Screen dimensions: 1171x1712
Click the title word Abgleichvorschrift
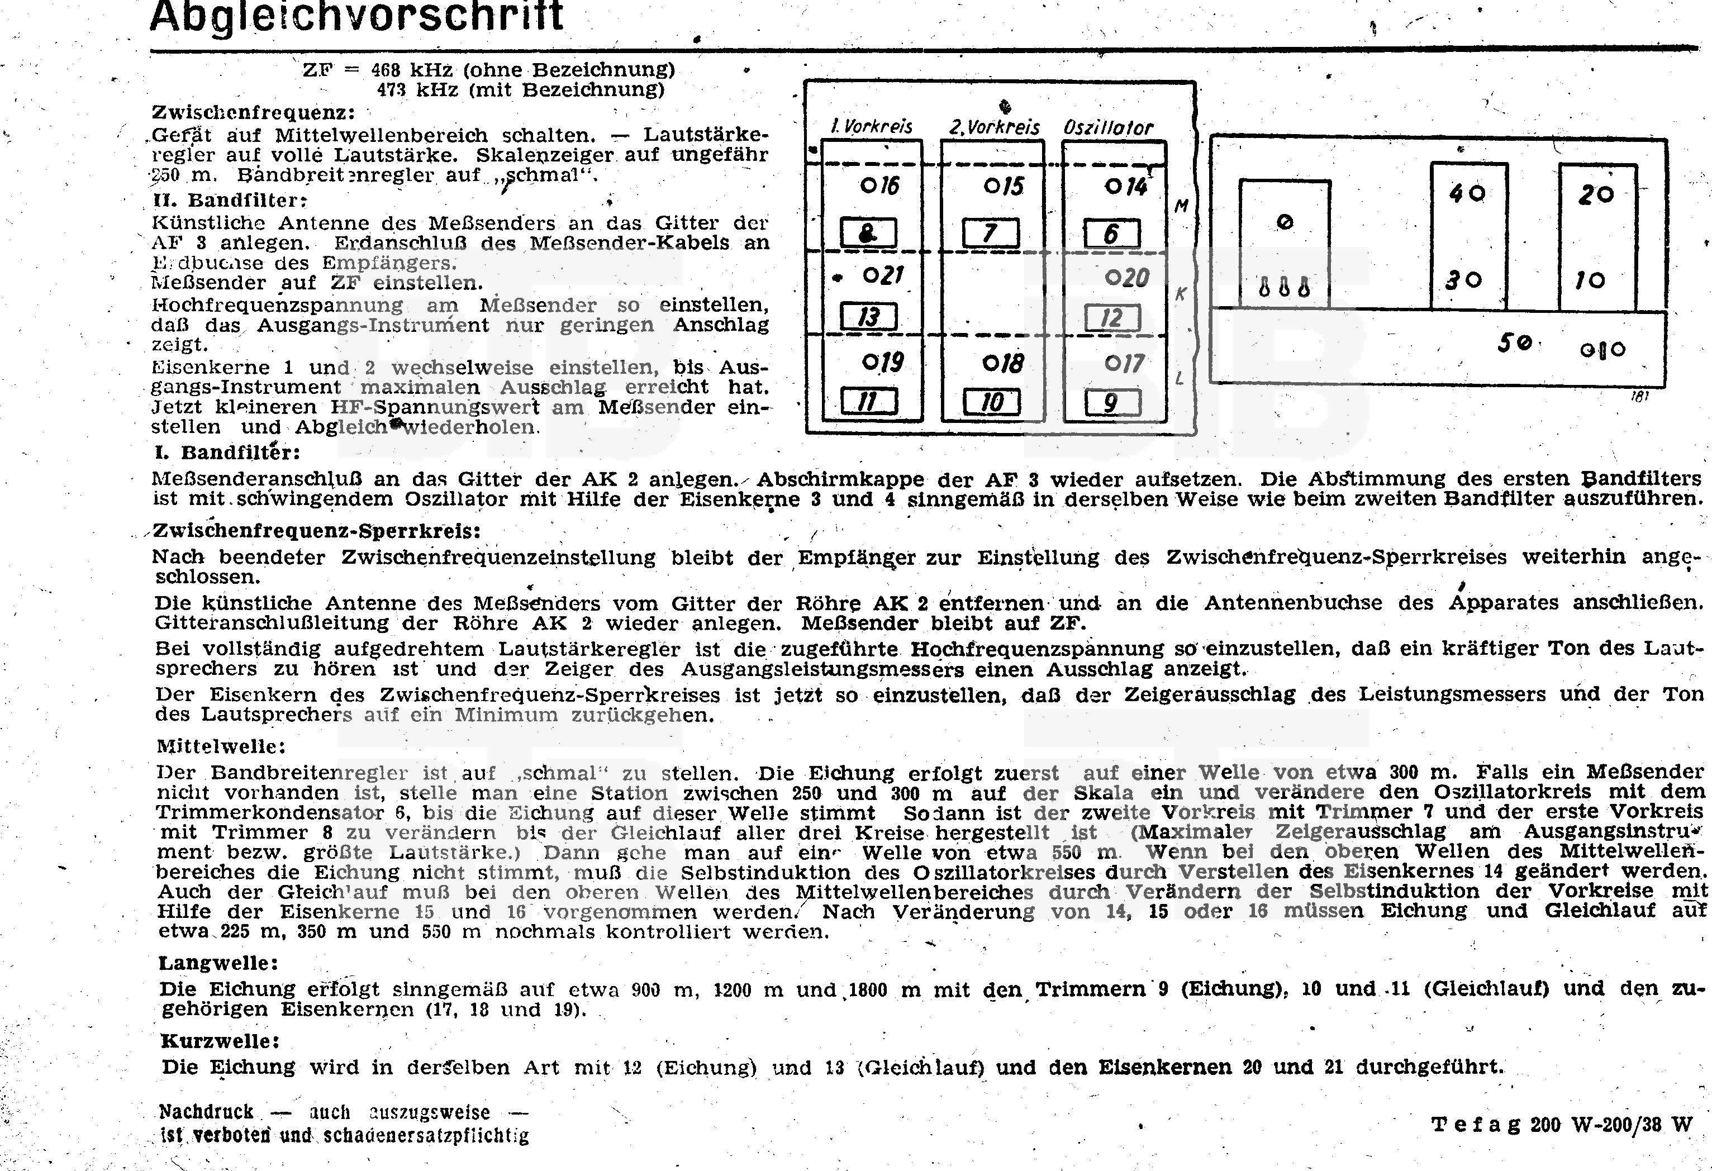[356, 16]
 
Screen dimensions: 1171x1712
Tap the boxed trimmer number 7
[991, 234]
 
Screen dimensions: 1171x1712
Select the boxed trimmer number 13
[869, 317]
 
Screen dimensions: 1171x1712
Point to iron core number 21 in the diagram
[883, 275]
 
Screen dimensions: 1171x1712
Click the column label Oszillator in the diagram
[1108, 127]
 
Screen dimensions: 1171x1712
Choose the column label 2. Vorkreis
[994, 127]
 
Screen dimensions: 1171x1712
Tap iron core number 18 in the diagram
[1004, 363]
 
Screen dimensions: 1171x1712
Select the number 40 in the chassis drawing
[1467, 193]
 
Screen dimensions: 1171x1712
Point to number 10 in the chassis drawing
[1590, 280]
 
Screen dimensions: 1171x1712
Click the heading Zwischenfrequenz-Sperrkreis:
[317, 531]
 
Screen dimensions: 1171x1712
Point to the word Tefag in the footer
[1476, 1125]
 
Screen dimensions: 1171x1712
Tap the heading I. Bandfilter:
[226, 451]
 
